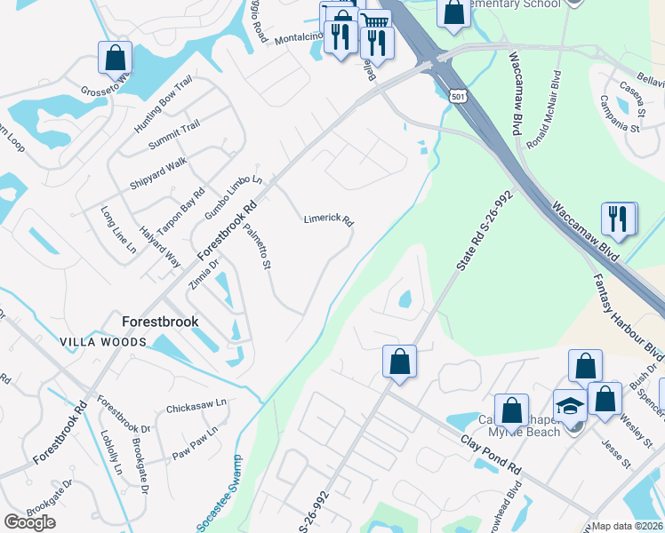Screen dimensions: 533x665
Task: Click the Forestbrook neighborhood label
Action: click(160, 322)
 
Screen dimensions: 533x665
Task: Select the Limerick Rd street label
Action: click(329, 219)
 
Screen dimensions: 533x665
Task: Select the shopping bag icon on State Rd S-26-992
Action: click(399, 362)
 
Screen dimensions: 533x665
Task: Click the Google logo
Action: click(29, 522)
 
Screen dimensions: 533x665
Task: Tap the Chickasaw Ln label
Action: click(196, 406)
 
